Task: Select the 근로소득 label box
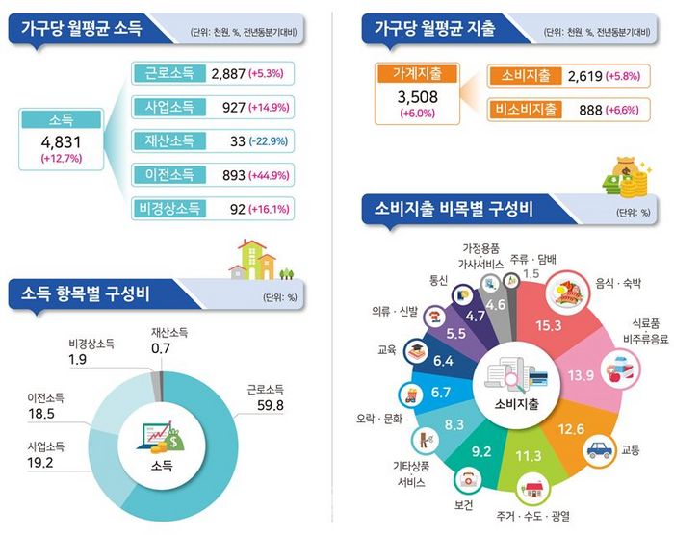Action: coord(168,74)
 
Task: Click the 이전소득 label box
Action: coord(168,174)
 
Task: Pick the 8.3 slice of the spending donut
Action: coord(455,423)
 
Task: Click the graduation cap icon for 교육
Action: coord(416,350)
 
